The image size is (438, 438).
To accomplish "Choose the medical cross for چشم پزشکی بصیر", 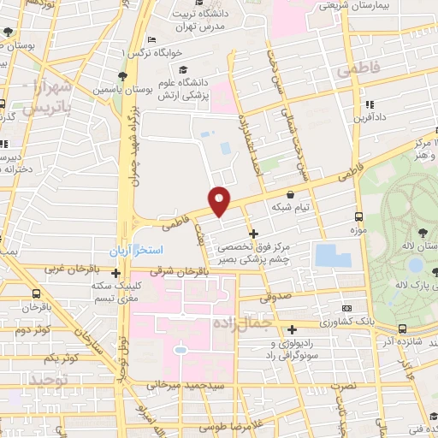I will (253, 233).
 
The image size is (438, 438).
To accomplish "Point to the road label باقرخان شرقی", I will (183, 271).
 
